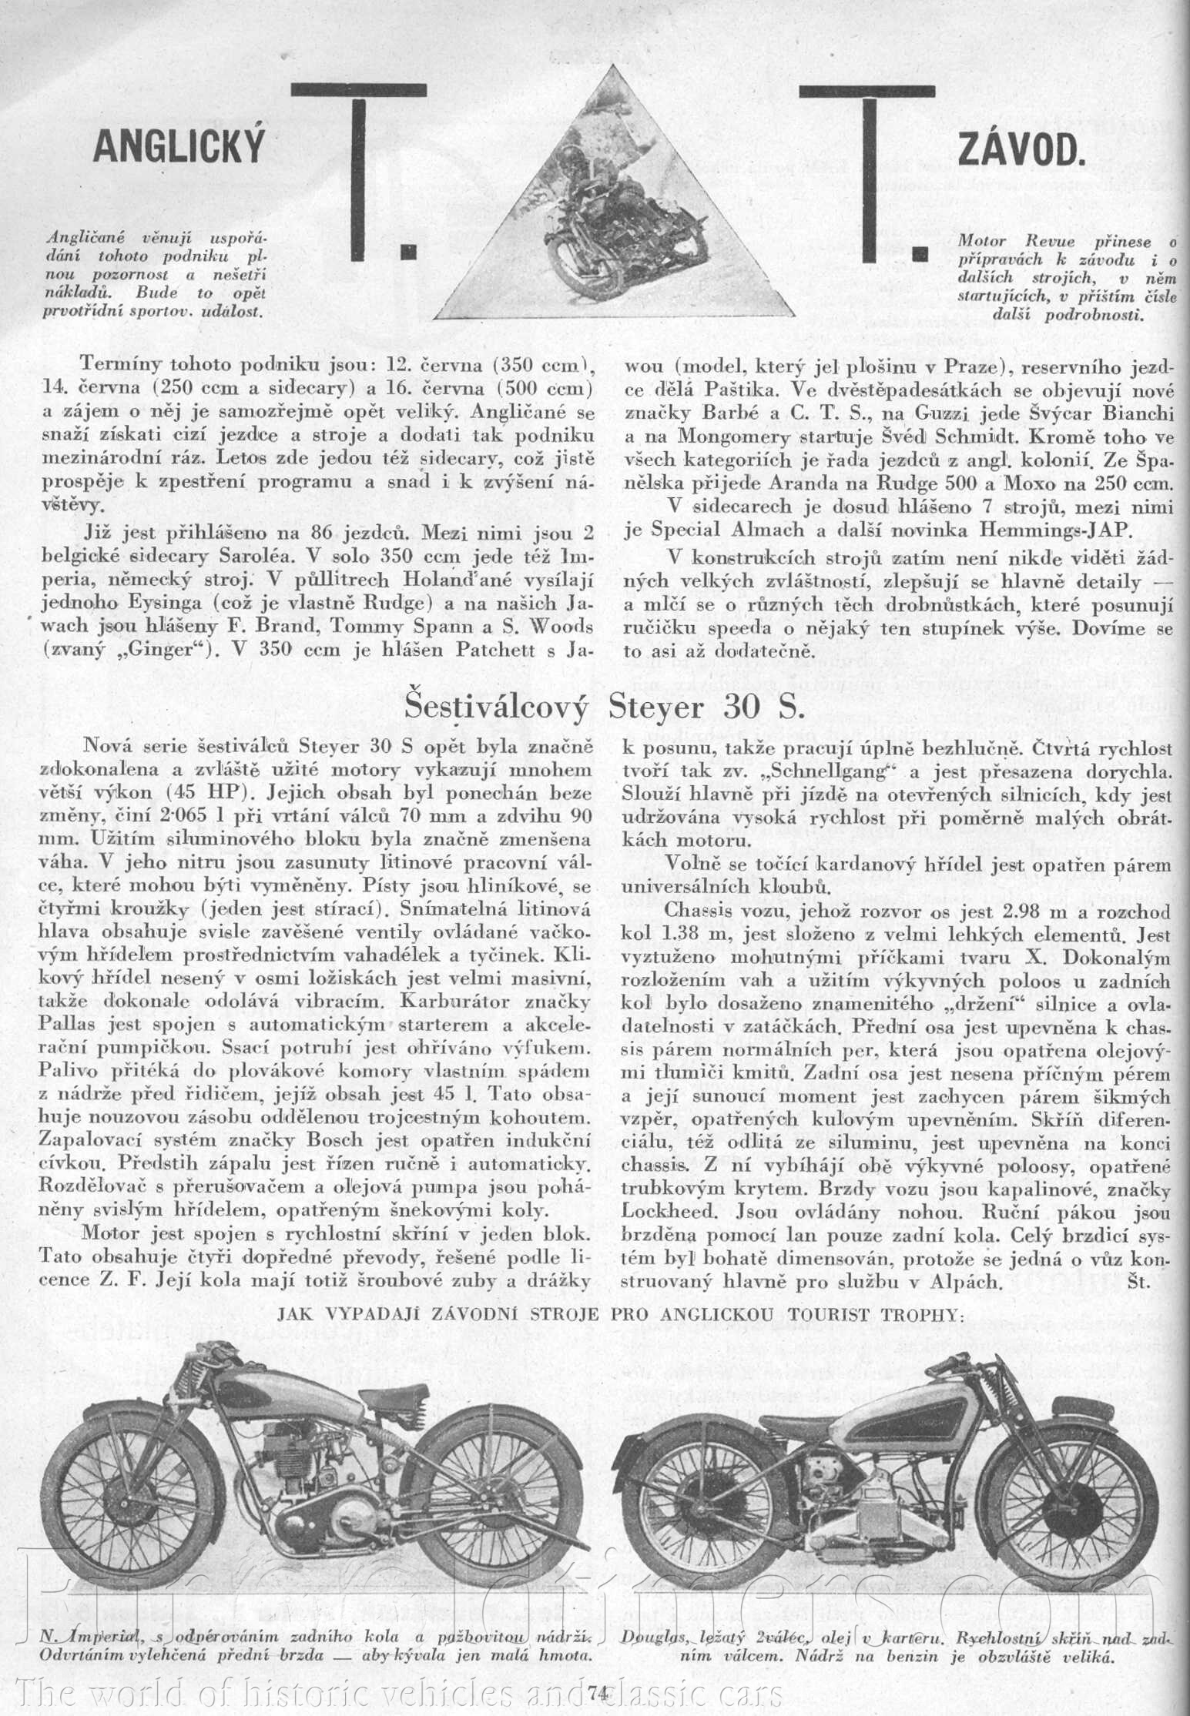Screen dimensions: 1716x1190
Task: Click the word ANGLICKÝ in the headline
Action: point(178,145)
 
